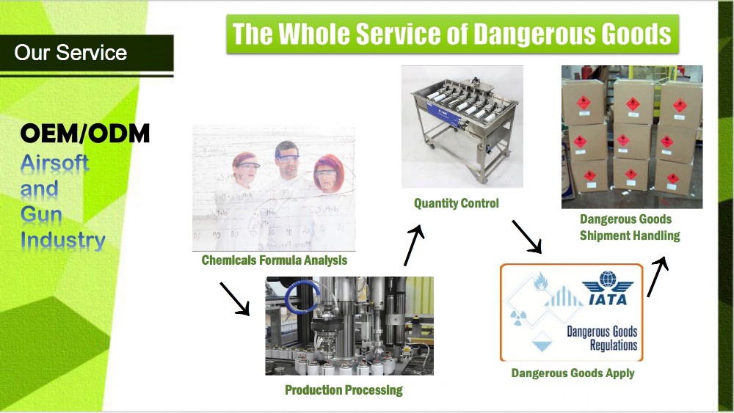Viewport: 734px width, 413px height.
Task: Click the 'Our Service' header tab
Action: [71, 53]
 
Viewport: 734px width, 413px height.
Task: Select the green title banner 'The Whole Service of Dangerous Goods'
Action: [451, 34]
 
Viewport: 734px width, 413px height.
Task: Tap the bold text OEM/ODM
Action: [85, 134]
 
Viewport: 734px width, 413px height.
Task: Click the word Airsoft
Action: [54, 162]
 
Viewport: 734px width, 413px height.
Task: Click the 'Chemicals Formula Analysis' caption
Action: [274, 260]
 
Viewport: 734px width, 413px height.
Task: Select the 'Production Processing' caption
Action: [344, 390]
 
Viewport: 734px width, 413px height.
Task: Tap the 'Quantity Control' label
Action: [456, 203]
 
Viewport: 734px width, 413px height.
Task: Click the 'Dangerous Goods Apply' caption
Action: [573, 373]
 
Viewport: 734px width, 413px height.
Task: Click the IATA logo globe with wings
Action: [606, 282]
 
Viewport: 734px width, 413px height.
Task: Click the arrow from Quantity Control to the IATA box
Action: [526, 235]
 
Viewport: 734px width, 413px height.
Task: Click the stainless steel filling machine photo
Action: [462, 125]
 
